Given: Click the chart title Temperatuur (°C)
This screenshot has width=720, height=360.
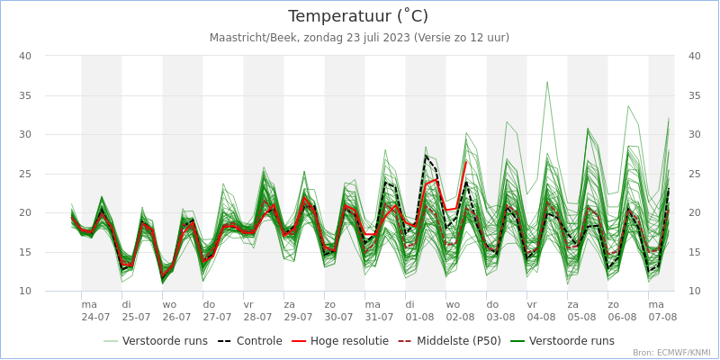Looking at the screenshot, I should pyautogui.click(x=358, y=16).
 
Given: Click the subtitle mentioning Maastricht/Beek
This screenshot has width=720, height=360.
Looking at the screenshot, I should pyautogui.click(x=359, y=38).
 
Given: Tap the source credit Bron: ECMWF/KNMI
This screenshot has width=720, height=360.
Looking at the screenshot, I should pyautogui.click(x=670, y=353).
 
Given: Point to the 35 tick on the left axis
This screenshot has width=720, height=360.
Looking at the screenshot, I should pyautogui.click(x=25, y=95).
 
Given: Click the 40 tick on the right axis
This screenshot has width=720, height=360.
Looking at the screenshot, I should pyautogui.click(x=694, y=56).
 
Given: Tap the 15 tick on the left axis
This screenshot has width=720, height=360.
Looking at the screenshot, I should pyautogui.click(x=25, y=252).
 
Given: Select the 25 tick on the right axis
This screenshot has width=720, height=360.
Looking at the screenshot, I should pyautogui.click(x=694, y=174).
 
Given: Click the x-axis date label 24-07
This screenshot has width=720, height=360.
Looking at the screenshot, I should pyautogui.click(x=95, y=317).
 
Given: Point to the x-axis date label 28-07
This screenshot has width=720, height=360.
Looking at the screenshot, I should pyautogui.click(x=257, y=317).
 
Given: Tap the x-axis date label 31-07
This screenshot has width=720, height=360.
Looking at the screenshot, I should pyautogui.click(x=379, y=317).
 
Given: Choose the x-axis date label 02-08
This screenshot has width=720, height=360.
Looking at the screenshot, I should pyautogui.click(x=460, y=317).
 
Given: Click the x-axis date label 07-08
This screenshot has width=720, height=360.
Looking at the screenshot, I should pyautogui.click(x=662, y=317).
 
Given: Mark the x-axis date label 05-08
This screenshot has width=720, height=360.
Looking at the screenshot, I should pyautogui.click(x=581, y=317).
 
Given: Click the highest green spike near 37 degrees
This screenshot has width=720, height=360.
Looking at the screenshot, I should pyautogui.click(x=546, y=82).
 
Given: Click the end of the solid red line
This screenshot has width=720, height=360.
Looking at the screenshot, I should pyautogui.click(x=466, y=163).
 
